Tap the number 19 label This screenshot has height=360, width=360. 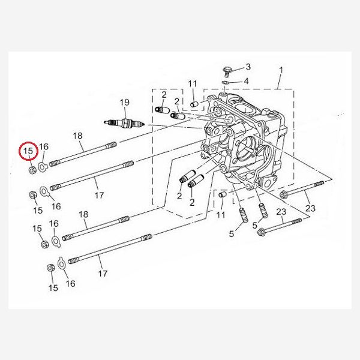124,103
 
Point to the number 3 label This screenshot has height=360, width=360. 248,67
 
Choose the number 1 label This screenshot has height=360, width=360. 280,70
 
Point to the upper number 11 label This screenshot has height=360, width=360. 192,83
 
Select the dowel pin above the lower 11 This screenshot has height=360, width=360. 221,196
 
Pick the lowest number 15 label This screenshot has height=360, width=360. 53,288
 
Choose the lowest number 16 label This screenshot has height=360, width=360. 70,283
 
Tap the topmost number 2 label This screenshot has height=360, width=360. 163,94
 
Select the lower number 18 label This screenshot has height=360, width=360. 83,214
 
